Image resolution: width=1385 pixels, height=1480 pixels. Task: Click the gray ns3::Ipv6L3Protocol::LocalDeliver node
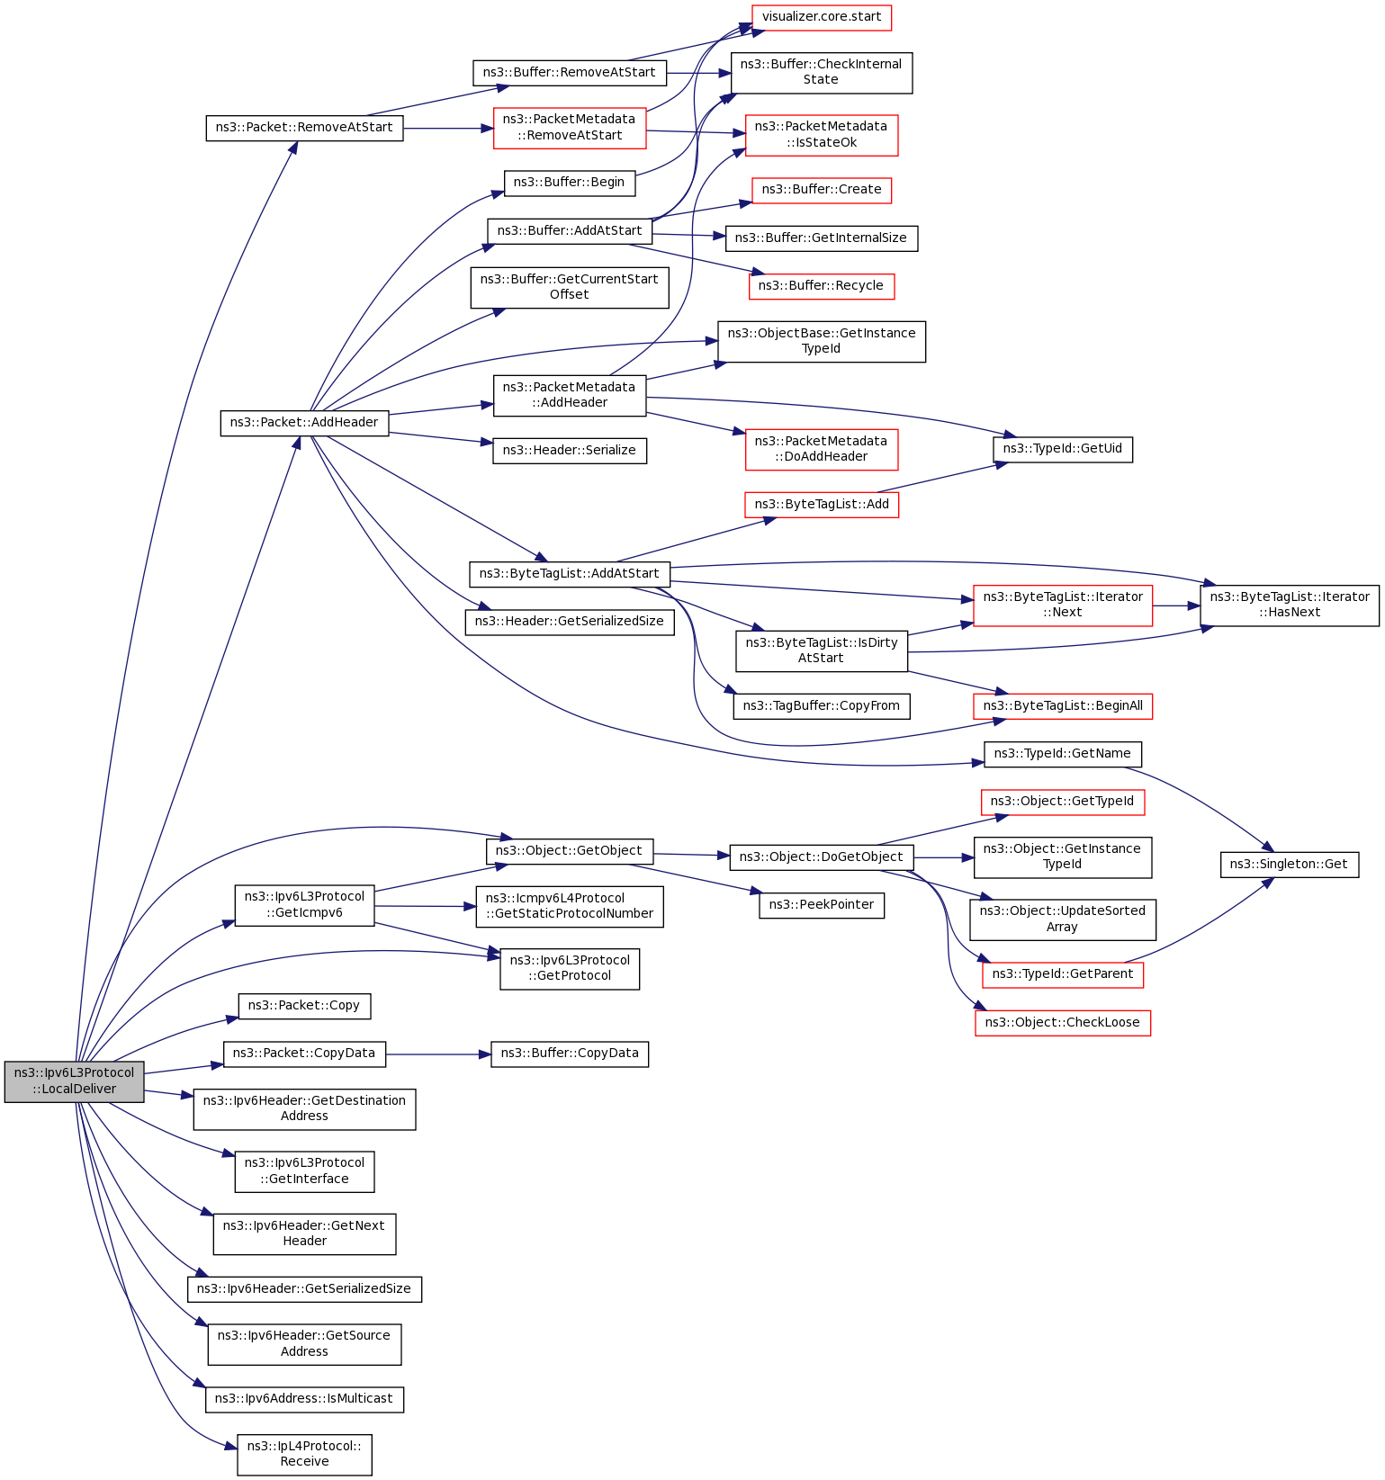tap(74, 1081)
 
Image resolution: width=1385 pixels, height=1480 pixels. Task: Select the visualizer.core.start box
tap(821, 17)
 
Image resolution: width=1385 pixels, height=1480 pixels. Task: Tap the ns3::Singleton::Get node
tap(1289, 865)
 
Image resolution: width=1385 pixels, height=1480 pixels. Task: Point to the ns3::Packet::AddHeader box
tap(304, 422)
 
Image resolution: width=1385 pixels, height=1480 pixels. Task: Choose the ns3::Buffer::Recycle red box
tap(821, 286)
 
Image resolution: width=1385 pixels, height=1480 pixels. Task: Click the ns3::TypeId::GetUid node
tap(1062, 449)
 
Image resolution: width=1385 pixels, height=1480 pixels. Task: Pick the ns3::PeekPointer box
tap(821, 905)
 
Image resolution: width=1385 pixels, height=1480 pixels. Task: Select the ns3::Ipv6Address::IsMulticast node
tap(304, 1399)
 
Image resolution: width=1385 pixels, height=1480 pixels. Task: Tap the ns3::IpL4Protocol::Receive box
tap(304, 1454)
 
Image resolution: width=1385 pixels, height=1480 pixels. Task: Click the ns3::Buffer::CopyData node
tap(569, 1054)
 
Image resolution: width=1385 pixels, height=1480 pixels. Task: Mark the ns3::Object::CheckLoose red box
tap(1062, 1023)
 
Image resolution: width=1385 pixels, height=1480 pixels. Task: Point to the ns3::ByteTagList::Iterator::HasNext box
tap(1289, 605)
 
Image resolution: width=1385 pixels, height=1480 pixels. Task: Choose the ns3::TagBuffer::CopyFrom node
tap(821, 706)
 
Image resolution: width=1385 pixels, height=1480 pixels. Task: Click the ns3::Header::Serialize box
tap(569, 451)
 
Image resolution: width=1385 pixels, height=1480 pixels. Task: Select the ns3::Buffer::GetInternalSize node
tap(821, 238)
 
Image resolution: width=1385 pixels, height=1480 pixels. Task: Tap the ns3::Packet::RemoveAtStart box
tap(304, 128)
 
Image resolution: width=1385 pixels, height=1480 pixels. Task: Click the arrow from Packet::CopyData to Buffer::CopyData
tap(438, 1054)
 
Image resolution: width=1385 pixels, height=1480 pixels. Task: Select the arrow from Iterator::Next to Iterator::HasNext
tap(1176, 605)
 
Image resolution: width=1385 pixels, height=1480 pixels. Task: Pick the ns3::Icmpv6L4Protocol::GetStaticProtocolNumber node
tap(569, 906)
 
